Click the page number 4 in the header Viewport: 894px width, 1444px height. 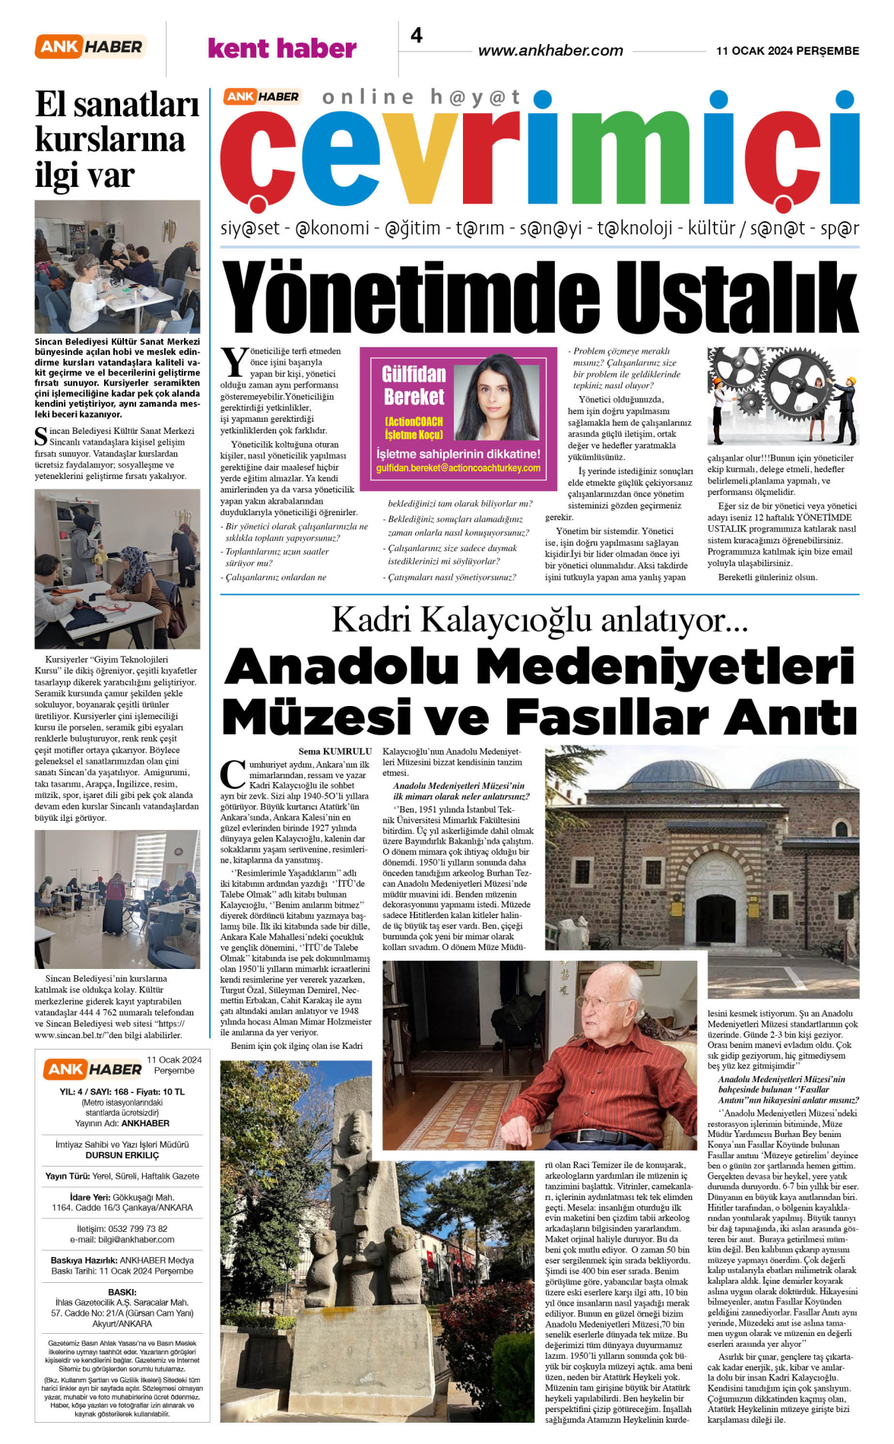click(417, 36)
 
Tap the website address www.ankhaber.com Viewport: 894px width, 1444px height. click(550, 51)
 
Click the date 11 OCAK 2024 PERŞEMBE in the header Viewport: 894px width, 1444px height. click(788, 51)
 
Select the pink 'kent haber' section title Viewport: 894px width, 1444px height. click(282, 49)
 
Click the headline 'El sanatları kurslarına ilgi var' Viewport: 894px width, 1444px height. click(116, 140)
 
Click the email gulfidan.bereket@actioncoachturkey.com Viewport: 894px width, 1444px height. click(458, 468)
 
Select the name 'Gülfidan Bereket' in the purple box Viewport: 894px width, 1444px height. click(414, 385)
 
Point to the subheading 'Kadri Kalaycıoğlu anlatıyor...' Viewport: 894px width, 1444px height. click(540, 620)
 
